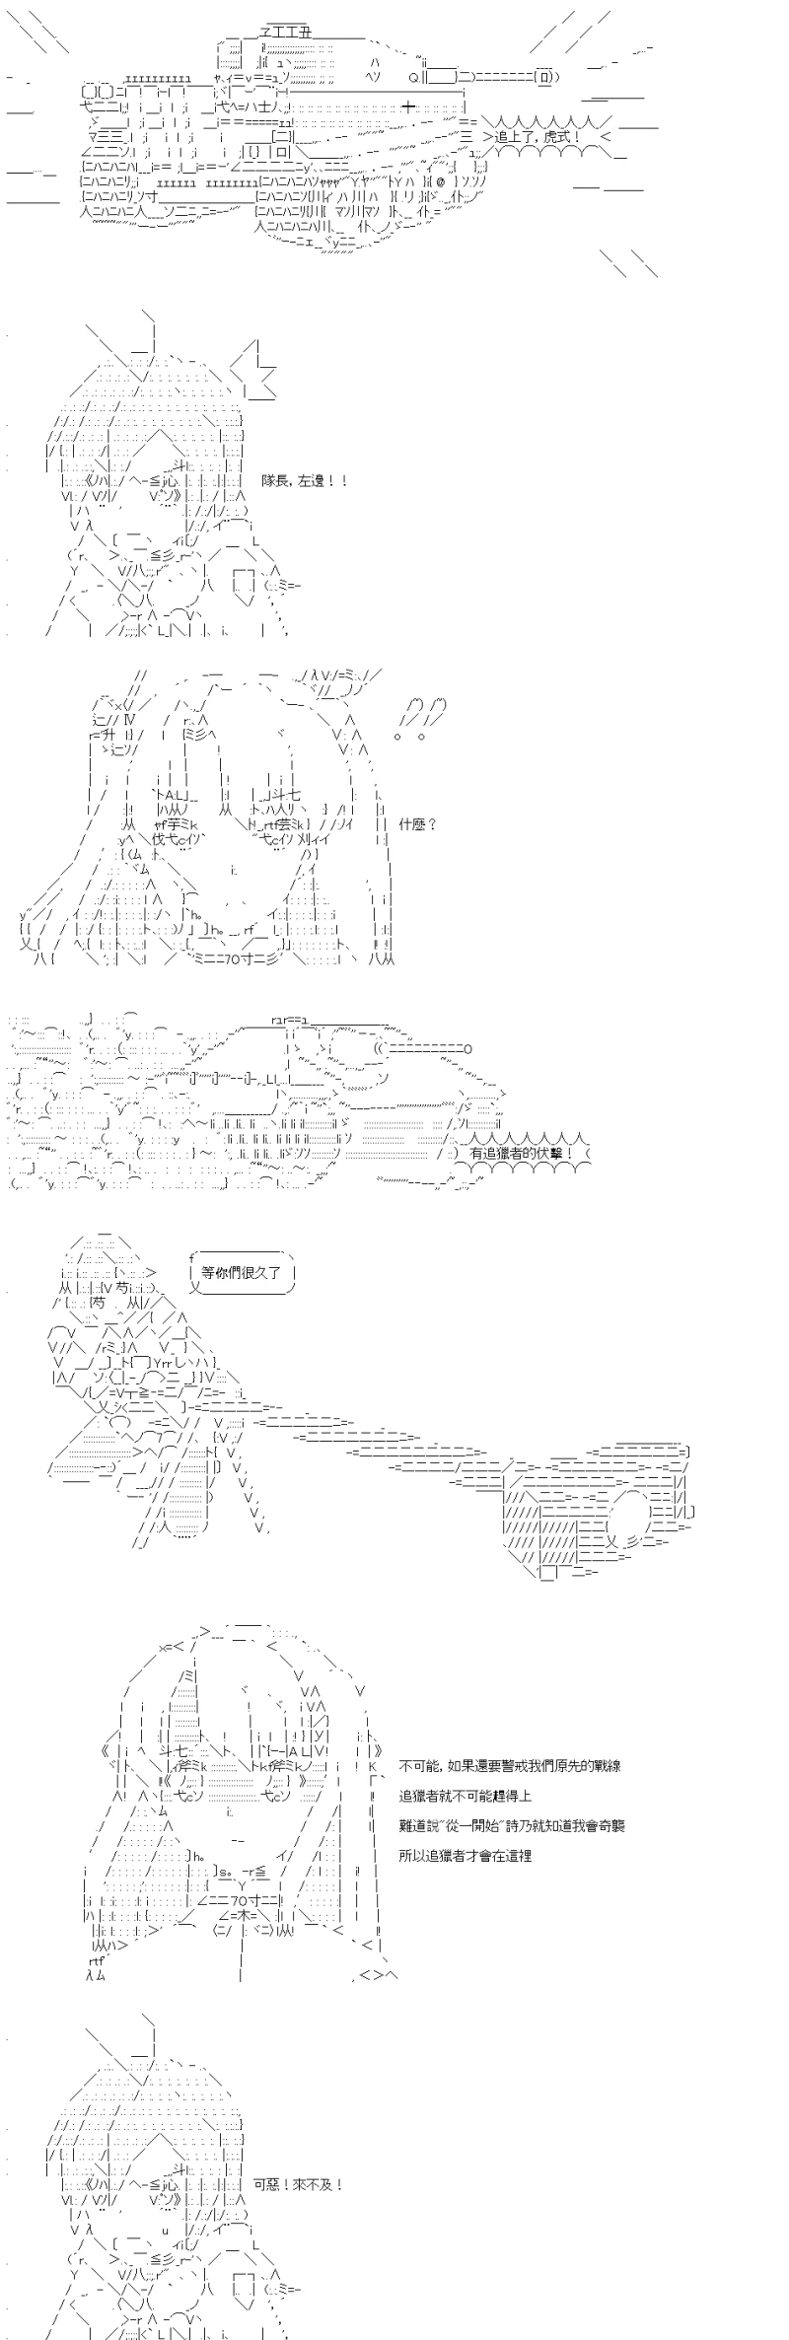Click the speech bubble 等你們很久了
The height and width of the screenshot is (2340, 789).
point(242,1273)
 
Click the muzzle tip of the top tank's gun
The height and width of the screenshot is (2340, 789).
point(546,79)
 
